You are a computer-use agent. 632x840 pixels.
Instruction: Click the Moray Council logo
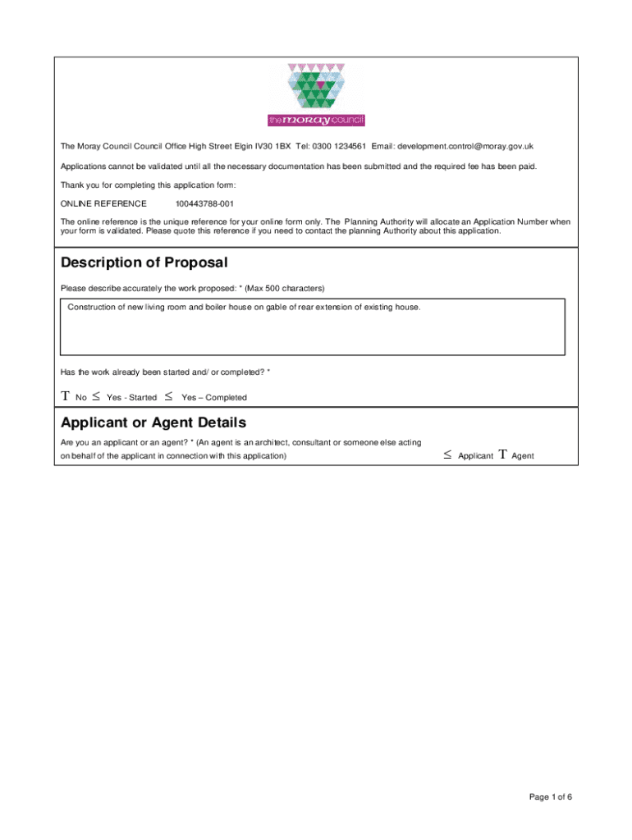[x=316, y=95]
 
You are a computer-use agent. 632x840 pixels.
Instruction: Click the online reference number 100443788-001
[x=204, y=203]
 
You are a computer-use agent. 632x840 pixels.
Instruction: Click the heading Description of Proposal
[x=144, y=263]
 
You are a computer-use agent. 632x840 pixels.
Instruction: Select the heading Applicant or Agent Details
[x=153, y=423]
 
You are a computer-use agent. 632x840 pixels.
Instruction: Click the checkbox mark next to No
[x=66, y=397]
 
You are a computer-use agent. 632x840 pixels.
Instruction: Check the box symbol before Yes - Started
[x=96, y=397]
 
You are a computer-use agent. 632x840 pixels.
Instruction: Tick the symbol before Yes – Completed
[x=168, y=397]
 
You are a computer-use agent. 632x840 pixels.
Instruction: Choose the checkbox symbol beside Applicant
[x=447, y=455]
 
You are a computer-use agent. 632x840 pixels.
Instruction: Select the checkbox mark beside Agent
[x=502, y=455]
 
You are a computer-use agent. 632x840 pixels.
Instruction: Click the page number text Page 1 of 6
[x=551, y=796]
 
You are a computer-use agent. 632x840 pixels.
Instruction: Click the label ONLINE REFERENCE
[x=103, y=203]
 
